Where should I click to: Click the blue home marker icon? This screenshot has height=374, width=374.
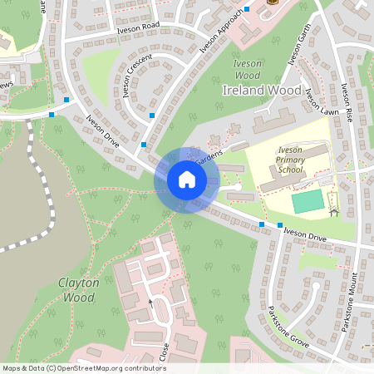coord(186,180)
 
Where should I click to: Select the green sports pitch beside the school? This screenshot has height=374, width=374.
coord(308,201)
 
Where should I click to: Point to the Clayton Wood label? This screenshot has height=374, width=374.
coord(79,289)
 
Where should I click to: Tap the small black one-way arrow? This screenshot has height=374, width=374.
coord(150,301)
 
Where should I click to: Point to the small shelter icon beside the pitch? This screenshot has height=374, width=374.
coord(334,212)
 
